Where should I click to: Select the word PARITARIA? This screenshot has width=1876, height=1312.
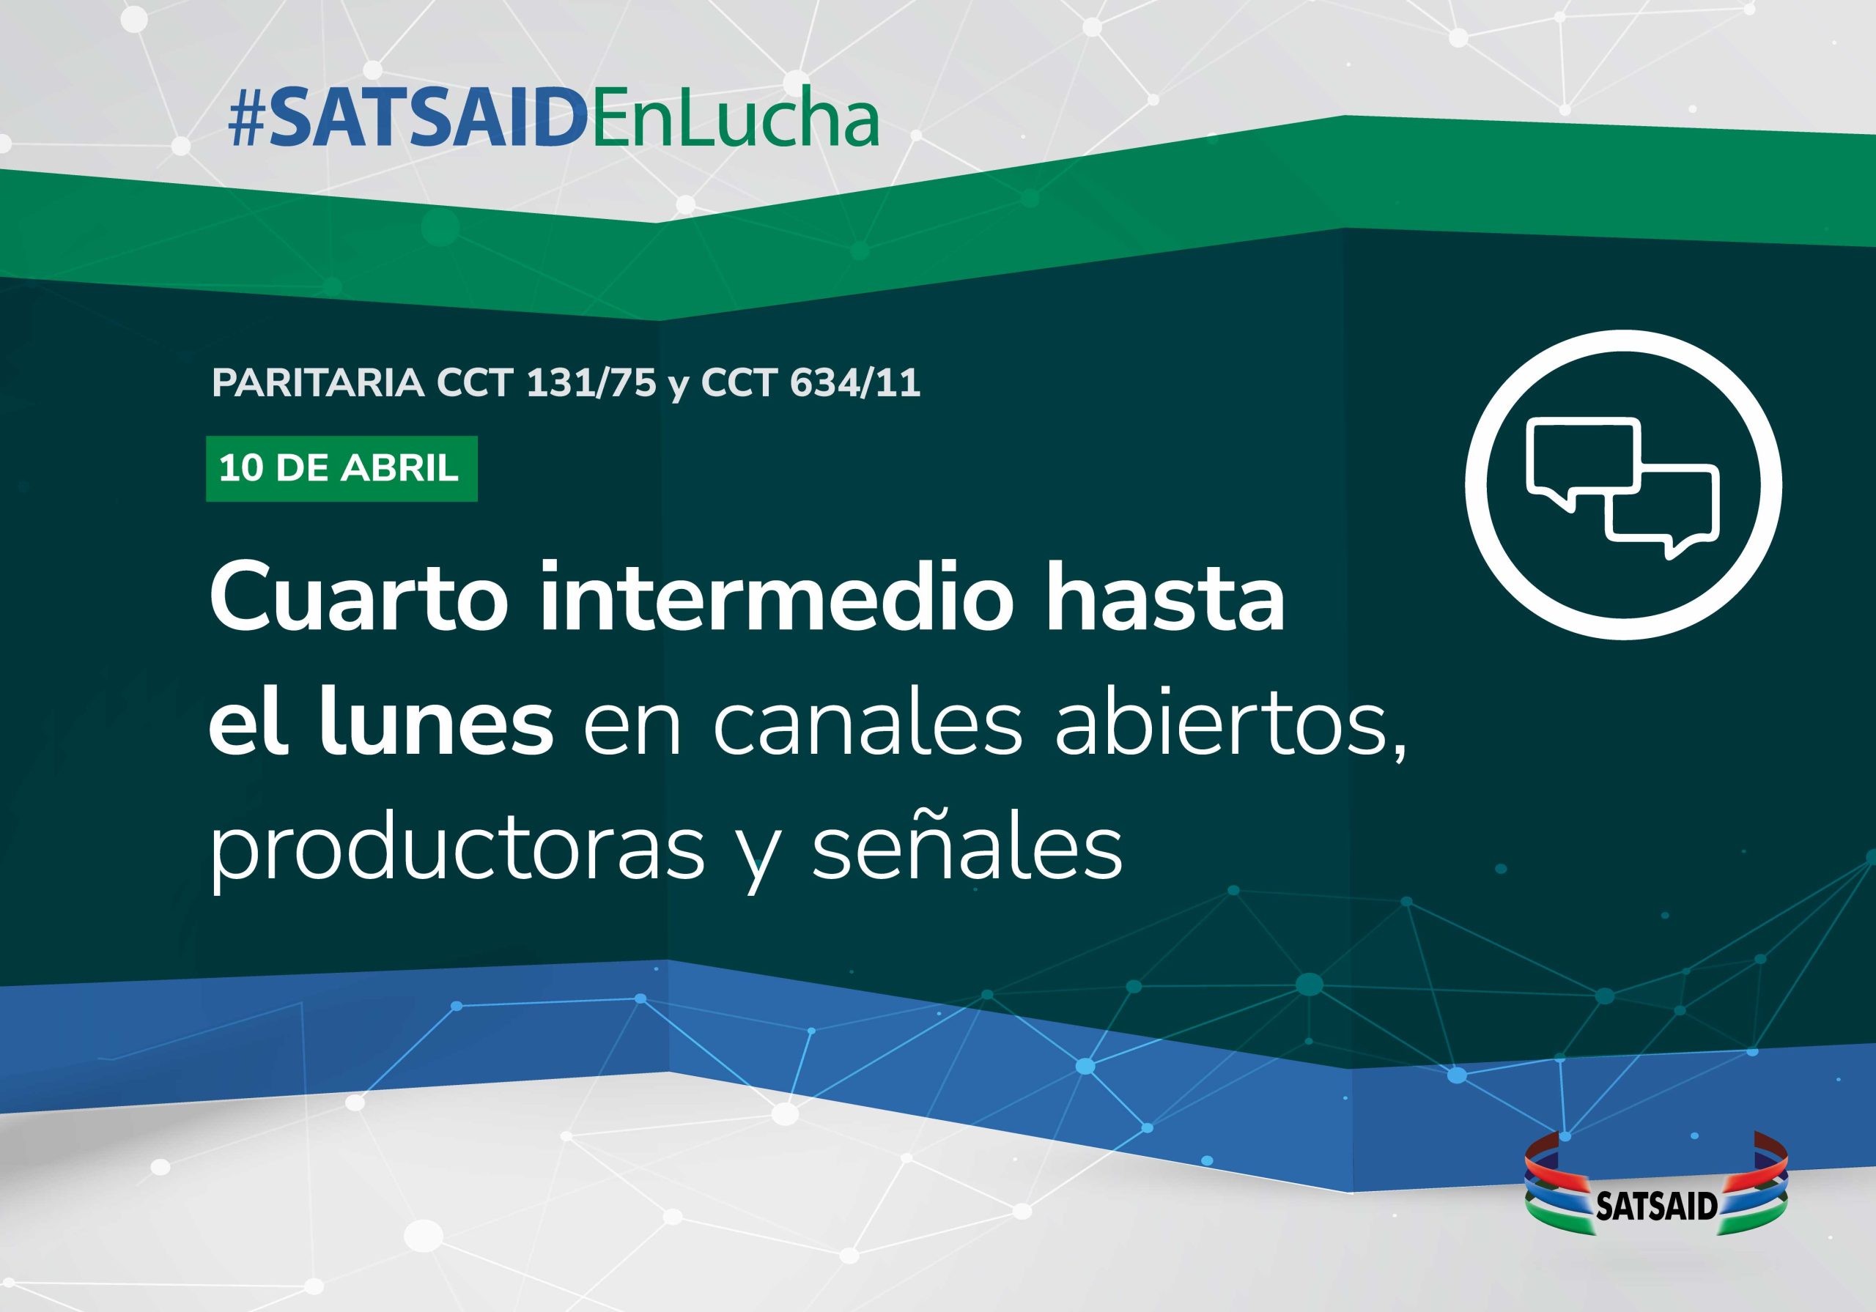(318, 383)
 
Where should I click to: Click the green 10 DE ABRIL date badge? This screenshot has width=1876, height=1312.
(341, 469)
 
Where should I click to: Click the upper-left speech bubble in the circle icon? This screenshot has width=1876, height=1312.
(1582, 462)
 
